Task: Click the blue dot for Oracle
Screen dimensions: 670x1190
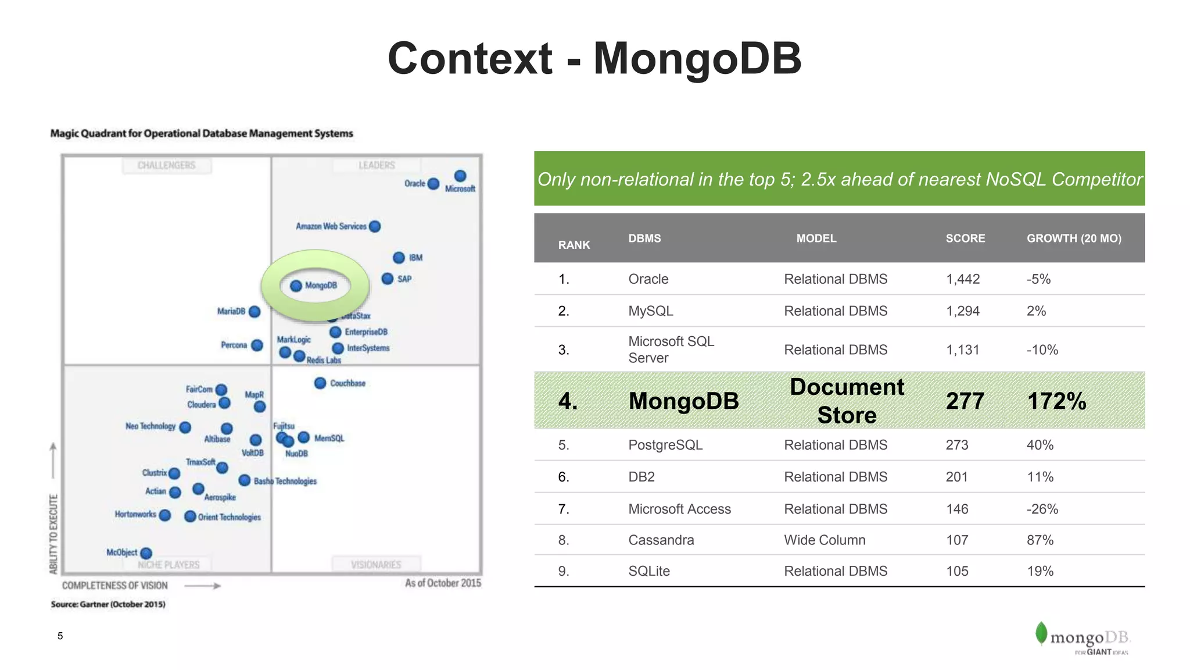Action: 433,184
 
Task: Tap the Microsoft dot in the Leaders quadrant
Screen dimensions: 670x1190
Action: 460,176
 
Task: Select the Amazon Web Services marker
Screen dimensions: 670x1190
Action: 375,226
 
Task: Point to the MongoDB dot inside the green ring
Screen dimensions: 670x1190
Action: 296,286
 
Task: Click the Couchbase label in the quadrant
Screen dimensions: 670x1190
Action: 347,383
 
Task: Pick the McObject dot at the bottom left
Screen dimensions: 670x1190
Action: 146,553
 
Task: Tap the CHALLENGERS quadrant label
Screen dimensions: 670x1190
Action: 167,165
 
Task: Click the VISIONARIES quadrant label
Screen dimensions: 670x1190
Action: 376,564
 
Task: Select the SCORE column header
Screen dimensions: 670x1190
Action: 965,238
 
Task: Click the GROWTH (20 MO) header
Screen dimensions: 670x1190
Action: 1074,238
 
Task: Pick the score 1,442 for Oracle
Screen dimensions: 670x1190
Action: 963,279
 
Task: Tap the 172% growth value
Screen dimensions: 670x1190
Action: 1056,401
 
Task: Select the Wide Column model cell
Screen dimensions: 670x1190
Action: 825,540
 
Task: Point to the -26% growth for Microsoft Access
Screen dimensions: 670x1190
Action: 1042,509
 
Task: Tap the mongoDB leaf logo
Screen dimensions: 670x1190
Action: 1041,633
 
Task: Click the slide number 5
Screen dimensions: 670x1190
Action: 60,636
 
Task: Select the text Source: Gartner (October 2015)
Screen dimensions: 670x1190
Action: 108,604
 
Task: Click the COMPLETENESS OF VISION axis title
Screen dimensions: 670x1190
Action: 115,585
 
